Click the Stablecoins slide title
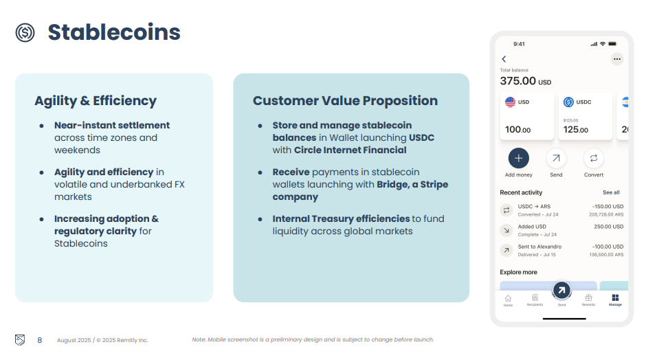pos(114,32)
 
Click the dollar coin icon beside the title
pos(25,32)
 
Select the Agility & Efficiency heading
pos(96,100)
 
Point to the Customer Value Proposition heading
pos(345,100)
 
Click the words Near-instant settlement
pos(112,125)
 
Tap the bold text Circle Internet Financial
pos(350,150)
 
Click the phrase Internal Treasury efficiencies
pos(341,218)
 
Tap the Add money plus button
pos(519,158)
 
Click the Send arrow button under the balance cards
pos(556,158)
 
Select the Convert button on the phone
pos(594,158)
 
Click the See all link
pos(611,192)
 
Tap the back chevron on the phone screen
pos(504,59)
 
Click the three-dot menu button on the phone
pos(616,59)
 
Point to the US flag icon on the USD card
pos(510,102)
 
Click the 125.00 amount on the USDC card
pos(575,130)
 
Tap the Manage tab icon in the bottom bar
pos(615,297)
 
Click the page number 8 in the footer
pos(40,340)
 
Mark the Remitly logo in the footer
pos(20,340)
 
